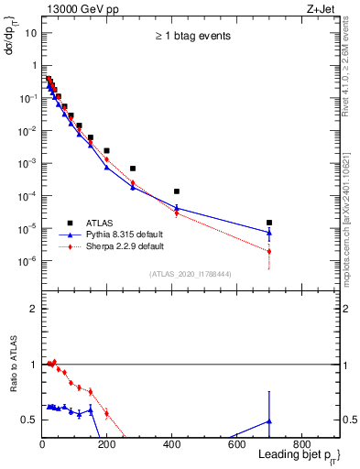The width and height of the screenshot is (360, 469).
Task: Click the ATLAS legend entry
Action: click(x=101, y=223)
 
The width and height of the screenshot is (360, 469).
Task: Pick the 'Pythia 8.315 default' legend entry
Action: click(x=125, y=234)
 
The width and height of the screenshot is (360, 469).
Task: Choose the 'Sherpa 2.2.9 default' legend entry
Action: click(x=125, y=246)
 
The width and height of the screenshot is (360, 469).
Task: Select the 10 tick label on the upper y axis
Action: click(x=31, y=33)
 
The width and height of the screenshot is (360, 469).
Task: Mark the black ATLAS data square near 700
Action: click(x=269, y=223)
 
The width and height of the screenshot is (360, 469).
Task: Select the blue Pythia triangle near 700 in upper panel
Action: click(x=269, y=233)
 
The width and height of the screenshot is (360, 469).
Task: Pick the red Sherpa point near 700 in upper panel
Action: click(x=269, y=251)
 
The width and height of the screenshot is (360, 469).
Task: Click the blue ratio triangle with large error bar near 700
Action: click(x=269, y=420)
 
